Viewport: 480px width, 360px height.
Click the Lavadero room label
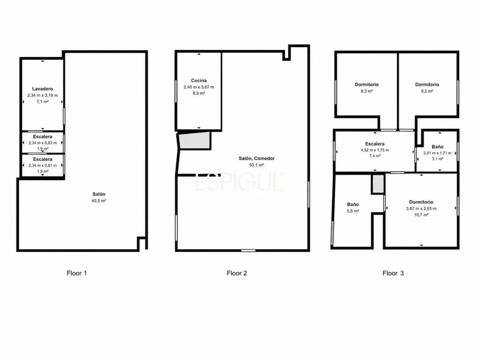point(42,89)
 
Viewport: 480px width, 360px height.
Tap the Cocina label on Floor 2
point(199,80)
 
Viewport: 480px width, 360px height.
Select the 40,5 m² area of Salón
point(99,200)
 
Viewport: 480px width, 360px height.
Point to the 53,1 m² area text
point(257,165)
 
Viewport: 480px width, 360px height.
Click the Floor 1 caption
point(77,273)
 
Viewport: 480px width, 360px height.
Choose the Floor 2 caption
point(237,273)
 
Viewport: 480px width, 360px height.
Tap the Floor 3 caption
point(393,273)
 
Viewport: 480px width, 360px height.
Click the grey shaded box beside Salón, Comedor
point(195,140)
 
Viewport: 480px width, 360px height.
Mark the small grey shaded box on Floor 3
point(378,184)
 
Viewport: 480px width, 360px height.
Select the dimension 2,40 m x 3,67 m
point(199,87)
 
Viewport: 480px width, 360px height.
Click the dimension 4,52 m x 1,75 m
point(375,150)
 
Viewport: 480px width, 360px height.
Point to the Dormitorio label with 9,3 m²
point(367,85)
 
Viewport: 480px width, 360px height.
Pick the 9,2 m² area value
point(427,91)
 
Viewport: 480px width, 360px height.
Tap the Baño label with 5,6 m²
point(353,205)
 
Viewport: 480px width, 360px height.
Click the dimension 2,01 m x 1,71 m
point(438,153)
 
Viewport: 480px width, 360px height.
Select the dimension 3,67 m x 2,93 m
point(421,209)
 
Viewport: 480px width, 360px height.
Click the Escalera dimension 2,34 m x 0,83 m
point(42,143)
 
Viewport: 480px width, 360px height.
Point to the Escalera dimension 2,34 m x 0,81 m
point(42,165)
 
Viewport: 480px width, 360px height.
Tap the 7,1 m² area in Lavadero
point(42,102)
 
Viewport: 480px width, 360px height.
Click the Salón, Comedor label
point(257,158)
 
